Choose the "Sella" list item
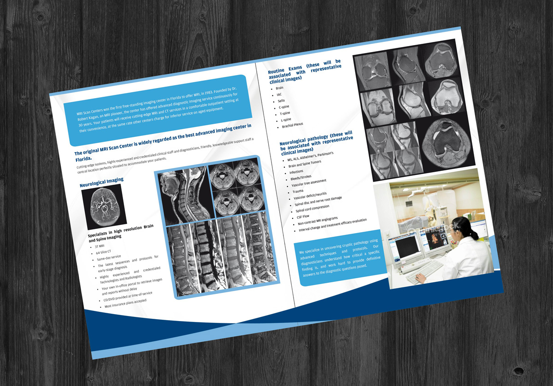281,100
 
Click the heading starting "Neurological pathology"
316,142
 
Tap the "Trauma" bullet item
298,191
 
